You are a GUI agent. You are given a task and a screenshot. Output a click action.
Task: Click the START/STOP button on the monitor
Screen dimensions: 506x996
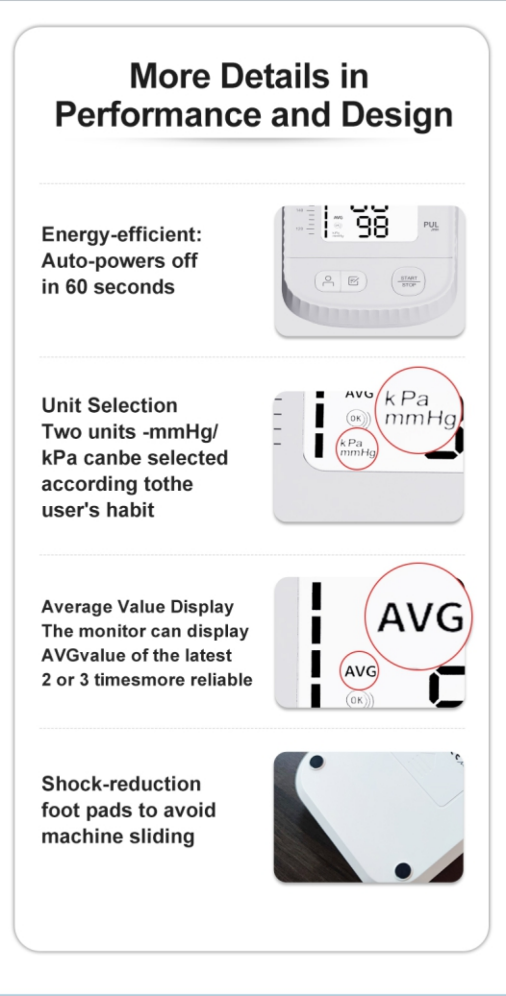click(408, 281)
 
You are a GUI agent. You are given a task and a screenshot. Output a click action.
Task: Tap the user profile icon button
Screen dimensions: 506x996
click(328, 281)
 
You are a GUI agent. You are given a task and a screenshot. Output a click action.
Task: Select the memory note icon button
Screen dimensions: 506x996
click(353, 281)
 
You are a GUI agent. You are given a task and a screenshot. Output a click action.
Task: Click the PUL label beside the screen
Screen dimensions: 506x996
click(431, 225)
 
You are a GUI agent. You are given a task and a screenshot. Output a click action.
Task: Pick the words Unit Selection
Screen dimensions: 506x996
click(110, 405)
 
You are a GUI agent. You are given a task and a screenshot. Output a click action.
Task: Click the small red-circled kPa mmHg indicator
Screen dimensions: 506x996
click(357, 448)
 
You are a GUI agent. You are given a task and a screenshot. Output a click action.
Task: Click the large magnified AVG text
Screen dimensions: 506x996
click(420, 617)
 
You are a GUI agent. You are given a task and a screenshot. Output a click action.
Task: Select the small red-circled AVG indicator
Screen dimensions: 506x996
click(360, 671)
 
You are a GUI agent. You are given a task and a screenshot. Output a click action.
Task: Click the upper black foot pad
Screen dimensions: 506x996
click(316, 762)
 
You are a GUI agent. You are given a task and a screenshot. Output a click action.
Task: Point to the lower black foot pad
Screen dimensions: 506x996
click(403, 870)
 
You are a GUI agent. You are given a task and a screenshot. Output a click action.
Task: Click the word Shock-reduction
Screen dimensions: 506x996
click(121, 784)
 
